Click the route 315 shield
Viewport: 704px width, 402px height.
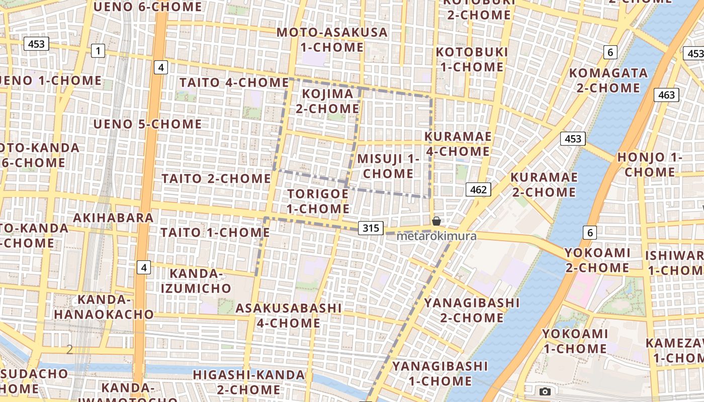(371, 228)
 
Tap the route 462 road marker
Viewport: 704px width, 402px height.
(478, 189)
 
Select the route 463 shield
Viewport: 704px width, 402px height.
(666, 95)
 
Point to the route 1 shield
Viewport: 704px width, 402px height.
(98, 50)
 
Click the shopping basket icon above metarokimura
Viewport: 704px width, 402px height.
(436, 221)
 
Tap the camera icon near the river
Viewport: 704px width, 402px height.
(545, 391)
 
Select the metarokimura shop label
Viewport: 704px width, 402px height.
(436, 236)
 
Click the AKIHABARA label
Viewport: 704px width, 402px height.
(113, 218)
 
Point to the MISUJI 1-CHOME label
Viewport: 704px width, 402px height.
(388, 166)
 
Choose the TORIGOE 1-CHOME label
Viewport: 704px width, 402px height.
(318, 201)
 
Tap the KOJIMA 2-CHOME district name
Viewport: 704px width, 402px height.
(327, 101)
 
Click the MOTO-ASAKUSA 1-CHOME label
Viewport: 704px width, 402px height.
(332, 40)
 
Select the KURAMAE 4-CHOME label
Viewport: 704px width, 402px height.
(458, 144)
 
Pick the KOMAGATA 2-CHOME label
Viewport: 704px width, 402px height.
(608, 80)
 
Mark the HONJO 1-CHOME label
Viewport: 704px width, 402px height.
(650, 164)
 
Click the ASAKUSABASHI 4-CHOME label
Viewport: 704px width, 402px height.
(289, 315)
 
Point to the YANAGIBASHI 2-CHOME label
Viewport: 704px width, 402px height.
(472, 310)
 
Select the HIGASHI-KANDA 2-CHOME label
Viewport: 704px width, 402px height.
(249, 382)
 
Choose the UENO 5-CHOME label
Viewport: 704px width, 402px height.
(147, 124)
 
